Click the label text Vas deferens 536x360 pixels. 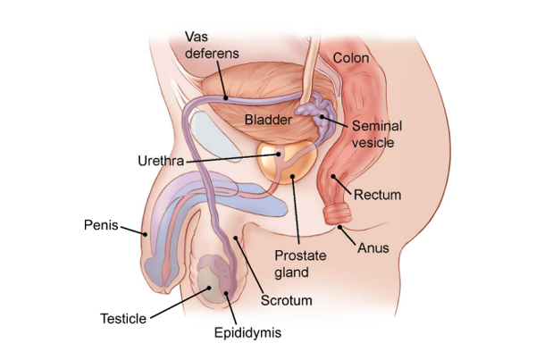[212, 46]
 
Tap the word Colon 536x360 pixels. [351, 58]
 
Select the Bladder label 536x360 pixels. [268, 120]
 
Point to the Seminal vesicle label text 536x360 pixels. [377, 134]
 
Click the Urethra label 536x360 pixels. [161, 161]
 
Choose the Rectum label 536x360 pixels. [377, 195]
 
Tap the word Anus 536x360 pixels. [373, 247]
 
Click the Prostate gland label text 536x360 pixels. [300, 264]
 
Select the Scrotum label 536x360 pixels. [287, 300]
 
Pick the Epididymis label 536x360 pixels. [247, 332]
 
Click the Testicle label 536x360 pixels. [123, 319]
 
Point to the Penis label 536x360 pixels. [101, 225]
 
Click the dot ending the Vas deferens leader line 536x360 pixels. [226, 98]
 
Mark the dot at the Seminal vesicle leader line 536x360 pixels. [322, 117]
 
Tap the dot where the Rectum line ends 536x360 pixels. [333, 176]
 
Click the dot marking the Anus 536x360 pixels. [339, 227]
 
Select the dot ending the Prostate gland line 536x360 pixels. [293, 176]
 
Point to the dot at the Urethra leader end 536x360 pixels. [278, 155]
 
